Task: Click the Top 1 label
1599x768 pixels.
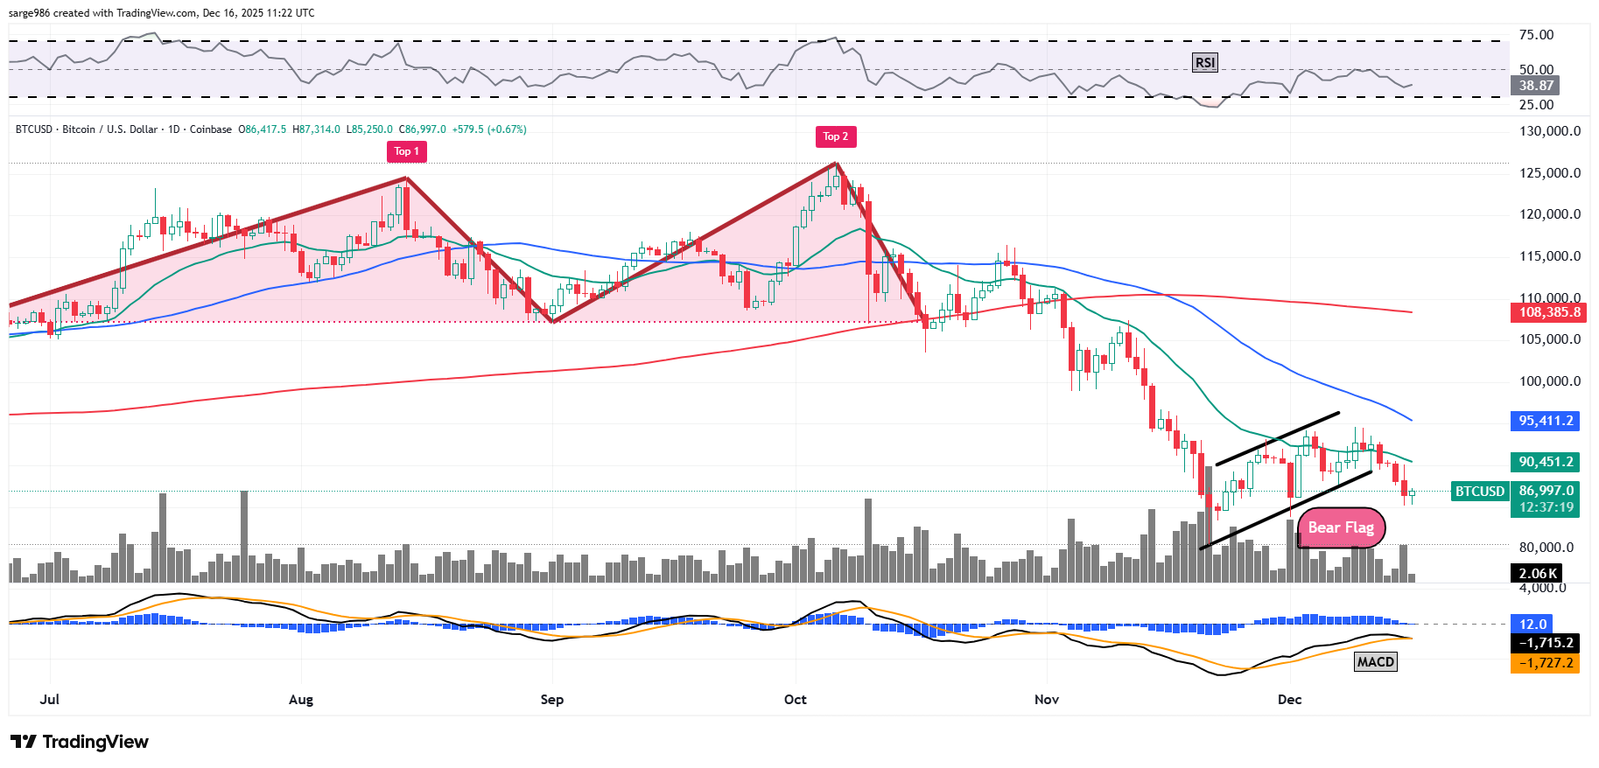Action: [406, 151]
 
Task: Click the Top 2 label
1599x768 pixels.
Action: [836, 136]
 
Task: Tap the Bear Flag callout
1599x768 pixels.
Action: [1340, 527]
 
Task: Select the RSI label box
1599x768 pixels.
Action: [1204, 62]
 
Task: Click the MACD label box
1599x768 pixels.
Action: [1375, 661]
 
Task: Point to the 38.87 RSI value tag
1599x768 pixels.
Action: [1536, 86]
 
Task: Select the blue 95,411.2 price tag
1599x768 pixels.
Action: [1546, 421]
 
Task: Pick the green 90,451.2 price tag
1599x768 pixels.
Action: [1546, 462]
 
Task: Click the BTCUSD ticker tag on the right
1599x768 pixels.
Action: [1479, 492]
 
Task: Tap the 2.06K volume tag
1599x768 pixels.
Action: [1537, 574]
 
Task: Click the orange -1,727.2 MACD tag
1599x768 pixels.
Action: [1546, 663]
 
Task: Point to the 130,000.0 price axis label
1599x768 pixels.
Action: [1549, 131]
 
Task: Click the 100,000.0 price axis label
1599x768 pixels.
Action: [1549, 381]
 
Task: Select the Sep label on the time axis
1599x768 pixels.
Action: [551, 699]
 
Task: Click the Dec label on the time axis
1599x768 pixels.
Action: [1289, 699]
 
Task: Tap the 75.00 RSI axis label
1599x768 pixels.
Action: [1536, 35]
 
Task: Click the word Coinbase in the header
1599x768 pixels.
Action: [211, 129]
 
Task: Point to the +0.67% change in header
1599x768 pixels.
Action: [508, 129]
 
